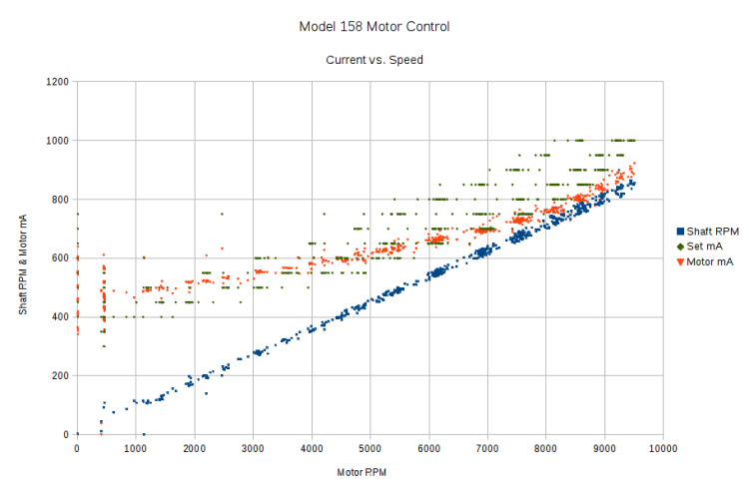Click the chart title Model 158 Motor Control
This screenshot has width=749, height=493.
point(374,26)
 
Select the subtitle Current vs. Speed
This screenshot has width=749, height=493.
point(374,60)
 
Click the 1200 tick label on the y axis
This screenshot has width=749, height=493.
point(57,82)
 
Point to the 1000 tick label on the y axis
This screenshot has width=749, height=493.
point(57,141)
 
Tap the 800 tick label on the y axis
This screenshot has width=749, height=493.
point(60,200)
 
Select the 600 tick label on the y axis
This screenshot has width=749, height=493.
point(60,258)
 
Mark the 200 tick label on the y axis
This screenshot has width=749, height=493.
point(60,376)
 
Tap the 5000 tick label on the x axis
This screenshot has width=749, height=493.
point(371,448)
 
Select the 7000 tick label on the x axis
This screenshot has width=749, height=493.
point(487,448)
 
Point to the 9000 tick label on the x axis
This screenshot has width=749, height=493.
point(604,448)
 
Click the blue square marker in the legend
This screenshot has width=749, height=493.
point(676,230)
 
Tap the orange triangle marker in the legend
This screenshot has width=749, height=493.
point(676,261)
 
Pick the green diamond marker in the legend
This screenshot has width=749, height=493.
point(676,246)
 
